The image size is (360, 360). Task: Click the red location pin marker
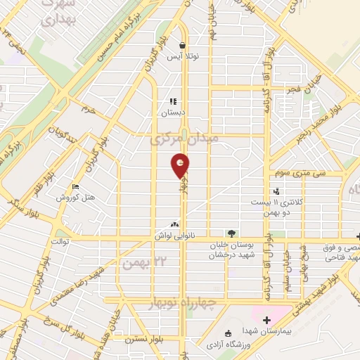(181, 165)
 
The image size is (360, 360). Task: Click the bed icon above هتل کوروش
(75, 186)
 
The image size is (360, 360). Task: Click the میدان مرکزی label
(184, 139)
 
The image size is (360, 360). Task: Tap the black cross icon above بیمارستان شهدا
(266, 321)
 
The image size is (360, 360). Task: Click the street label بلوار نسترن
(145, 339)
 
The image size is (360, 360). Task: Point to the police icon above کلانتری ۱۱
(276, 191)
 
